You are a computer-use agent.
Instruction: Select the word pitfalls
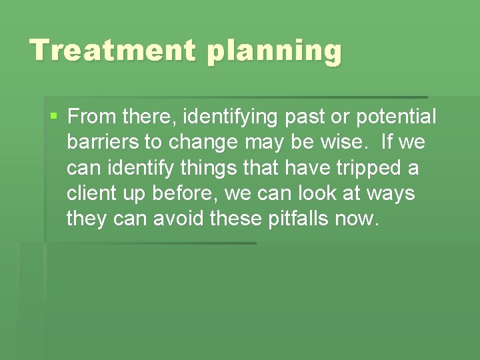(x=303, y=219)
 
